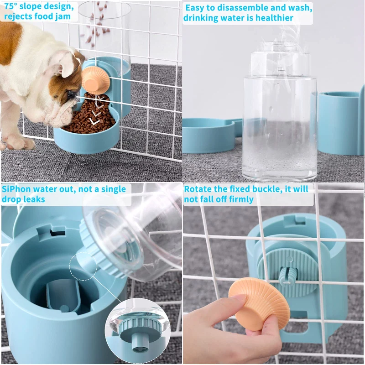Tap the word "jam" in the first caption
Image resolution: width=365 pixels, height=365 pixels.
point(63,17)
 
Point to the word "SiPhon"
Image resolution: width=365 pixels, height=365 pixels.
point(16,189)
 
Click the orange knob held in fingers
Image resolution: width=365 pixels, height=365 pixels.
point(260,303)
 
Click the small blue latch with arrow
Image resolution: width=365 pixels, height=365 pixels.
point(288,276)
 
